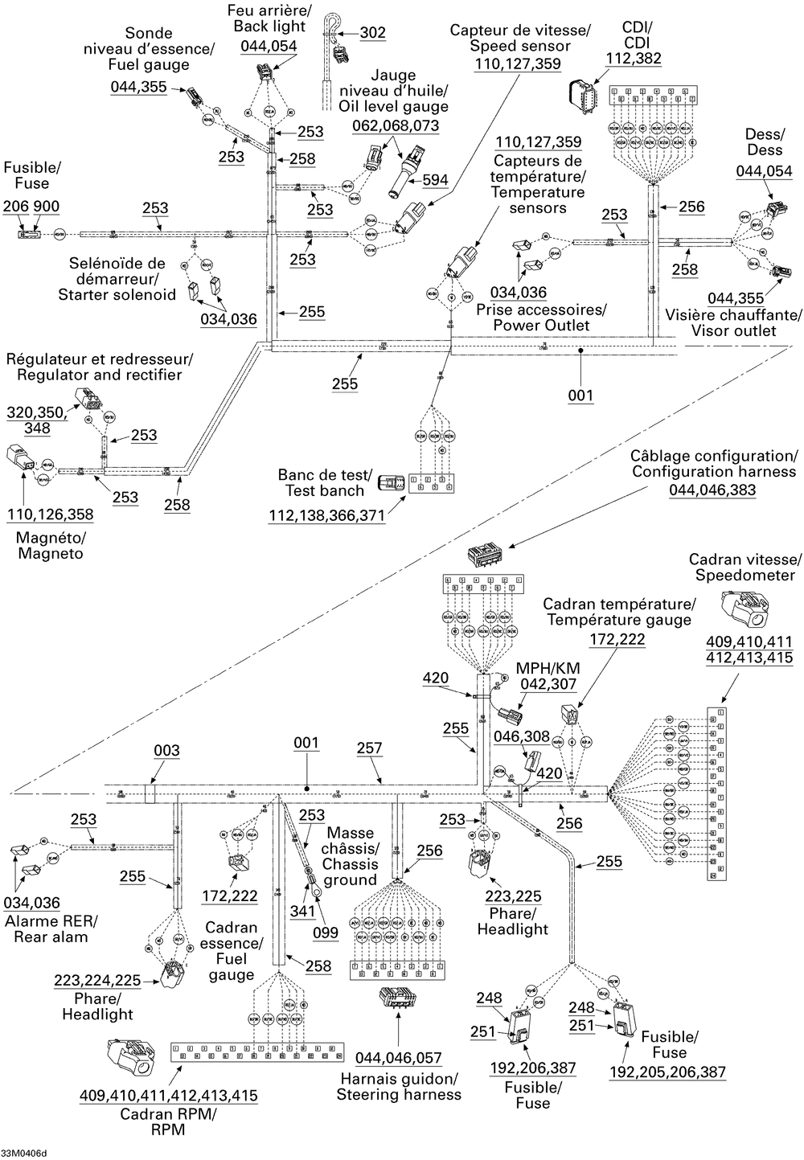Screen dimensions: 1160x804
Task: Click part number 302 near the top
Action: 372,33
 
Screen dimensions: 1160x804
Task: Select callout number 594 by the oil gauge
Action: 435,180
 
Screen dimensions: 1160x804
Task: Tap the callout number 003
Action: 166,750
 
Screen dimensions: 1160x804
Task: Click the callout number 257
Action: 369,748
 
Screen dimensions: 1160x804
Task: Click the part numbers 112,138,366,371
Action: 326,515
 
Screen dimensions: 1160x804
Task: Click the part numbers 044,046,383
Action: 712,489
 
